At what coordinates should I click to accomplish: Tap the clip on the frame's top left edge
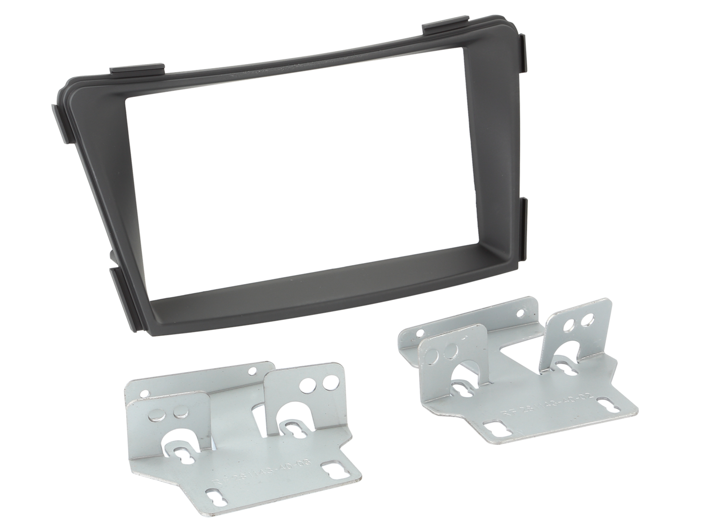pyautogui.click(x=137, y=70)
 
